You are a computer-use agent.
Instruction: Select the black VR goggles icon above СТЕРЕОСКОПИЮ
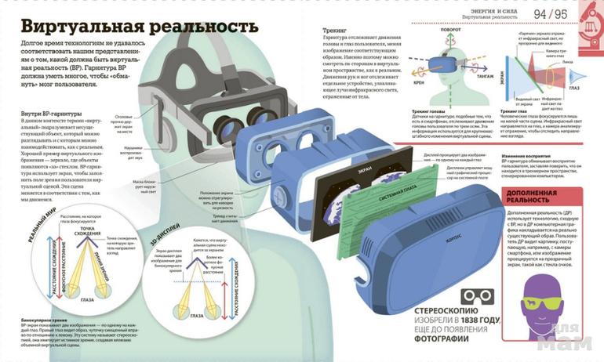[x=477, y=295]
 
